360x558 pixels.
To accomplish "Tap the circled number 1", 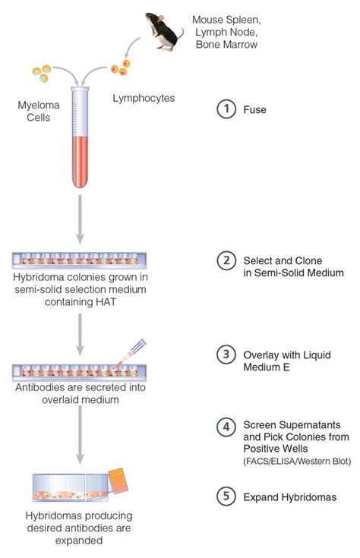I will [x=225, y=109].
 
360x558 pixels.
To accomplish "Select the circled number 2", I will [x=225, y=260].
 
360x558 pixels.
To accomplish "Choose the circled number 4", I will [x=225, y=426].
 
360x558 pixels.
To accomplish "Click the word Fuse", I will [x=254, y=109].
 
